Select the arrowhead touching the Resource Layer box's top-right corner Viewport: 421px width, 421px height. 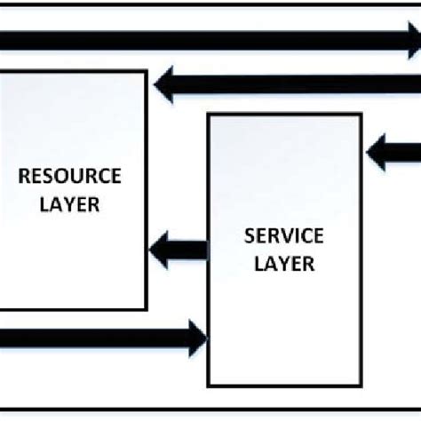[x=163, y=84]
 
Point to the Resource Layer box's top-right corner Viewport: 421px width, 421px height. [x=147, y=71]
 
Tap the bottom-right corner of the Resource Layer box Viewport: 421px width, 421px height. [x=147, y=309]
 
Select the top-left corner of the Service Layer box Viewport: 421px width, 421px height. [x=208, y=114]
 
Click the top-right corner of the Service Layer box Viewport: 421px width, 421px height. [x=361, y=114]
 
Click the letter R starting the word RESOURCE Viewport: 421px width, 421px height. [x=24, y=173]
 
